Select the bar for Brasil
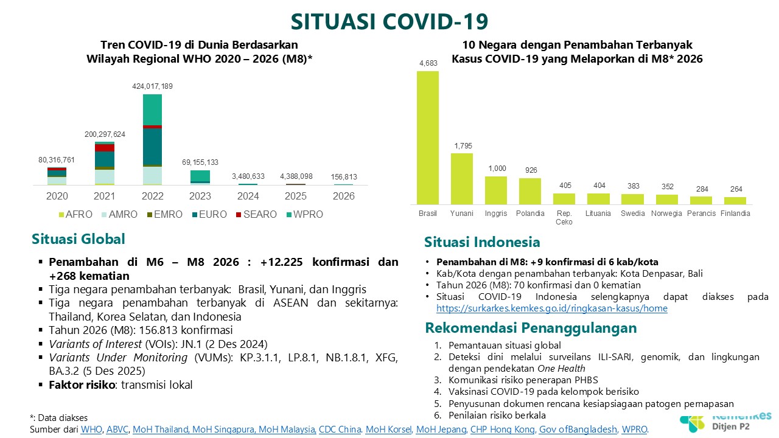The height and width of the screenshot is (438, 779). tap(427, 137)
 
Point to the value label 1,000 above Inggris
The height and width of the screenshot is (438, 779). tap(495, 169)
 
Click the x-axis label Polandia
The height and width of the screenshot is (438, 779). tap(529, 214)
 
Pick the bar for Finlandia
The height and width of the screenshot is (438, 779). tap(735, 200)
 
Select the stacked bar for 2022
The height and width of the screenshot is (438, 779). tap(152, 139)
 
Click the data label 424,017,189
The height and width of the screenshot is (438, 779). tap(152, 86)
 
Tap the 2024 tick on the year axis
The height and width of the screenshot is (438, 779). tap(248, 196)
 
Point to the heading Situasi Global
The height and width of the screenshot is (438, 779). tap(79, 239)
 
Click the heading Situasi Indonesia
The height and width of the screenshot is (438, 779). tap(482, 242)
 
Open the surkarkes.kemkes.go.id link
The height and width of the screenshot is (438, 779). tap(552, 308)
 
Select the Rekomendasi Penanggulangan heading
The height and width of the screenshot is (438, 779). tap(531, 328)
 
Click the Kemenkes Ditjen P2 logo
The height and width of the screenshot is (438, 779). tap(724, 421)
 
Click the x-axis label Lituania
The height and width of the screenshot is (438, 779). tap(598, 214)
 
